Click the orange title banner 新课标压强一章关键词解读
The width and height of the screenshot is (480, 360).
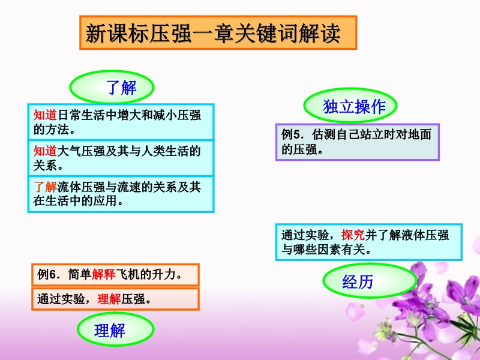pyautogui.click(x=218, y=33)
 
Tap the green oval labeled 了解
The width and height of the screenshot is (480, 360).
pyautogui.click(x=112, y=87)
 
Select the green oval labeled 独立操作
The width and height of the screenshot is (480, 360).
pyautogui.click(x=350, y=106)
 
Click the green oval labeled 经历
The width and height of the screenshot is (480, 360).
pyautogui.click(x=370, y=281)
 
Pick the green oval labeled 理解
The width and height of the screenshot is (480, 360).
pyautogui.click(x=115, y=329)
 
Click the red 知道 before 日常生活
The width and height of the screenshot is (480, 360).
pyautogui.click(x=46, y=115)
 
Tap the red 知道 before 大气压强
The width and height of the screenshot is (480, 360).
pyautogui.click(x=46, y=151)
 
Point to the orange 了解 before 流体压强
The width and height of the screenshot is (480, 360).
pyautogui.click(x=46, y=187)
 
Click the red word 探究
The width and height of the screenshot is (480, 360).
pyautogui.click(x=353, y=235)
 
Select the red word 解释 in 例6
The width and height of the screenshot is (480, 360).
pyautogui.click(x=103, y=274)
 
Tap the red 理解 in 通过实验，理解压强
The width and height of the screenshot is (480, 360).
pyautogui.click(x=109, y=299)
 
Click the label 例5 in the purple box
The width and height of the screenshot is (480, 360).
pyautogui.click(x=292, y=134)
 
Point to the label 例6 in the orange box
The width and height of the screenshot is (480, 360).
pyautogui.click(x=47, y=274)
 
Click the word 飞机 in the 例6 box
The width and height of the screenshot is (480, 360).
pyautogui.click(x=128, y=274)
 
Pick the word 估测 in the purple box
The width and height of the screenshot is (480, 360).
pyautogui.click(x=324, y=134)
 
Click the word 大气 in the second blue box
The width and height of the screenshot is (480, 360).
pyautogui.click(x=69, y=151)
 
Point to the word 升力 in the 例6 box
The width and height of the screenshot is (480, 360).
pyautogui.click(x=164, y=274)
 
